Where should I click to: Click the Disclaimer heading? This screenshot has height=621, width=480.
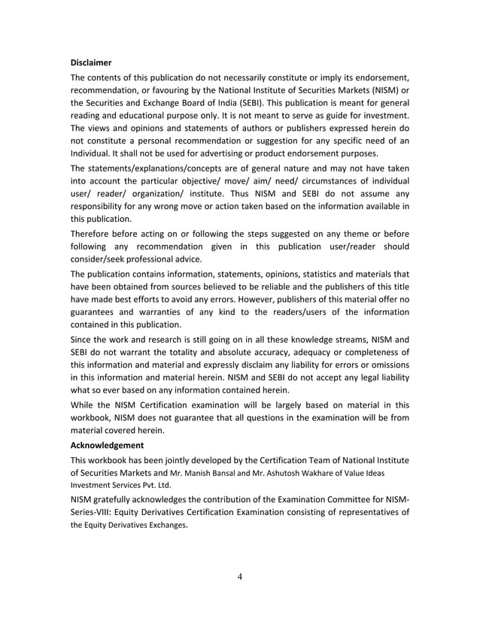pyautogui.click(x=91, y=62)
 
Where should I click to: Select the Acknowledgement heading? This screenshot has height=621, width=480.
pyautogui.click(x=107, y=444)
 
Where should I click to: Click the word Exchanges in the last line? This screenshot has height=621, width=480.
pyautogui.click(x=165, y=528)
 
